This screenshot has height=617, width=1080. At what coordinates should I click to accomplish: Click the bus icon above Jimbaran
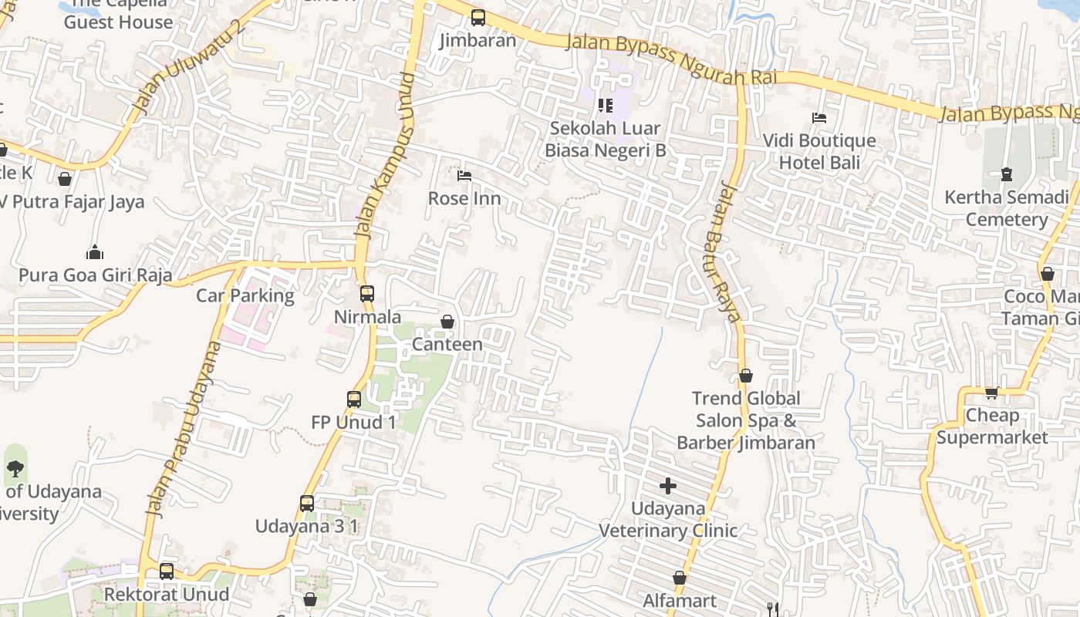[478, 18]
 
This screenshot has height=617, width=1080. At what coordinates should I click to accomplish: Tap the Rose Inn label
[464, 198]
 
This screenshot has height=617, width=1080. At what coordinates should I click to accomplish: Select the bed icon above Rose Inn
[464, 176]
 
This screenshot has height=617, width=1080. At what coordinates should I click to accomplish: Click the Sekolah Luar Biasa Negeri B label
[606, 139]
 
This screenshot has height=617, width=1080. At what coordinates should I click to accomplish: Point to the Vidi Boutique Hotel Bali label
[819, 151]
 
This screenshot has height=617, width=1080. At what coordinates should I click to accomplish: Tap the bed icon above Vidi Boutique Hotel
[819, 118]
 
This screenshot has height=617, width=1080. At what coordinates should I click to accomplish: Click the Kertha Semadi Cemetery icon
[1007, 174]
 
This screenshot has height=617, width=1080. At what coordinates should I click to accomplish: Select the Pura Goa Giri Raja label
[96, 275]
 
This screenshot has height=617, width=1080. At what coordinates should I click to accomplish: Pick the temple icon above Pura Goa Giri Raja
[95, 252]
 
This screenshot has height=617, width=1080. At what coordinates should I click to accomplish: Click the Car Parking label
[245, 295]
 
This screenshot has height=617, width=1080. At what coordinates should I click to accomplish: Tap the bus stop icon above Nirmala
[367, 294]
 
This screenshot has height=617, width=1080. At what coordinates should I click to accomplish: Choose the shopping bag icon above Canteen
[447, 322]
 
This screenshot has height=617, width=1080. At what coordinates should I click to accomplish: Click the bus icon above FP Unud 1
[354, 400]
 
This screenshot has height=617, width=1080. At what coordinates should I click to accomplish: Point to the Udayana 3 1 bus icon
[307, 504]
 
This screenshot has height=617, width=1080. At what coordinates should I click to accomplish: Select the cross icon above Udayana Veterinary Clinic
[668, 486]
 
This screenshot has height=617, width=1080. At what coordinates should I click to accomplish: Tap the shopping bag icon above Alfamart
[680, 578]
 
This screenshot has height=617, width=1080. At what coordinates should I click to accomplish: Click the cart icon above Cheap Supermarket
[992, 393]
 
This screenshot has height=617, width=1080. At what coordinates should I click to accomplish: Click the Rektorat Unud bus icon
[167, 571]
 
